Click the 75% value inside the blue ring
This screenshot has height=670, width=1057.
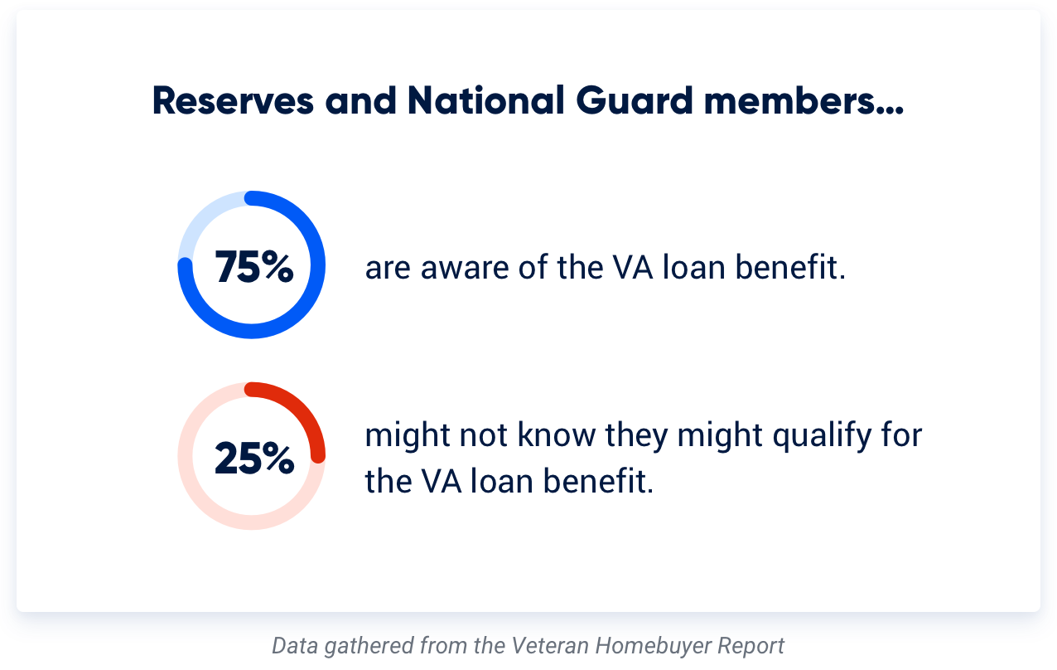click(253, 268)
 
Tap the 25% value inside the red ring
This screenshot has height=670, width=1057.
click(253, 459)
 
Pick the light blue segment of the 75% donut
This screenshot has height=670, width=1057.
click(202, 217)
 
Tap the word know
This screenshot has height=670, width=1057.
click(559, 435)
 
